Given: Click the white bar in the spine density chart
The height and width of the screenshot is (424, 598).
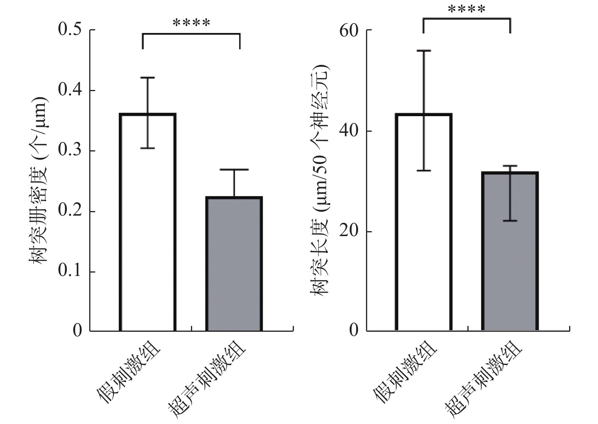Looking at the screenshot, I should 148,228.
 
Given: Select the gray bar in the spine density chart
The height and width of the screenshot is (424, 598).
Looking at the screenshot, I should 234,266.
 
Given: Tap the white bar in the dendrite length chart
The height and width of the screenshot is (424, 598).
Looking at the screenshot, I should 424,228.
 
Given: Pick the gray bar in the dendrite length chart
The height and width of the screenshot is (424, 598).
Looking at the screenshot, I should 510,258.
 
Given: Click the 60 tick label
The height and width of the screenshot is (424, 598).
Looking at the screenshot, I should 349,30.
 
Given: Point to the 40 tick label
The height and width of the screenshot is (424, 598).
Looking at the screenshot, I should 349,131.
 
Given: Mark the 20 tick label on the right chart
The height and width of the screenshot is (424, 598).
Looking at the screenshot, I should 349,232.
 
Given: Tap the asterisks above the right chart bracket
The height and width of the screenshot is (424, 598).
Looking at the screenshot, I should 467,9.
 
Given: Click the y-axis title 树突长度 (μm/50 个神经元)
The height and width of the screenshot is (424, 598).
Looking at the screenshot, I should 320,180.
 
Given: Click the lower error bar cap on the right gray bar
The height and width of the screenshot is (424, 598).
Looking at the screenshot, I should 510,221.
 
